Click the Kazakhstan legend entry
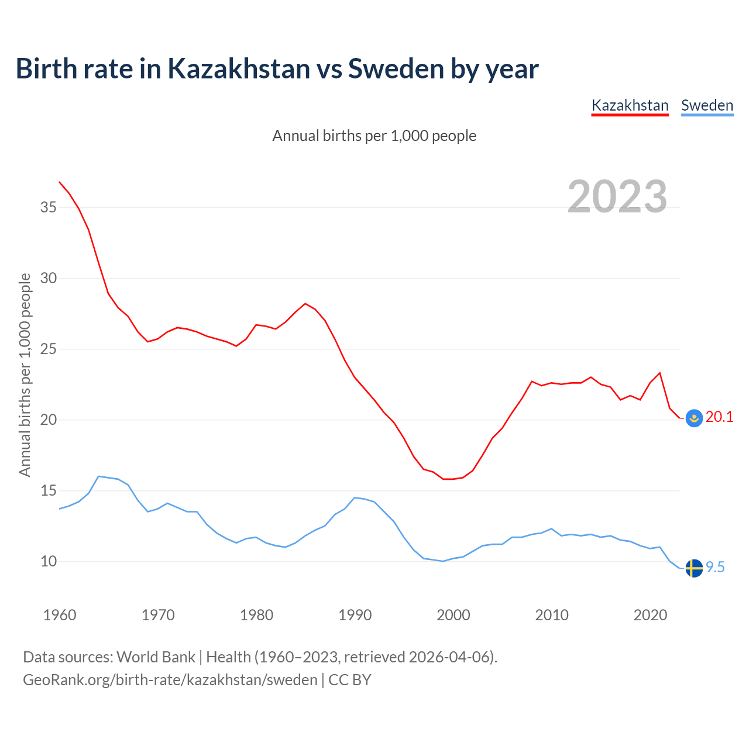pyautogui.click(x=630, y=105)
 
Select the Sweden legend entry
pyautogui.click(x=707, y=105)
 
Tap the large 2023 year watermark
pyautogui.click(x=617, y=196)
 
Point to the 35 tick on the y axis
pyautogui.click(x=49, y=207)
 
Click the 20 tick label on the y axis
pyautogui.click(x=49, y=420)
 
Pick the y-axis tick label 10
pyautogui.click(x=49, y=561)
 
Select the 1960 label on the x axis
pyautogui.click(x=60, y=615)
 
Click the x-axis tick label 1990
pyautogui.click(x=355, y=615)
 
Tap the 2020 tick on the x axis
pyautogui.click(x=650, y=615)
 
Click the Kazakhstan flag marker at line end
pyautogui.click(x=693, y=418)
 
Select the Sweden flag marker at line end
pyautogui.click(x=693, y=568)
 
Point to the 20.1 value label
pyautogui.click(x=719, y=417)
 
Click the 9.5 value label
pyautogui.click(x=715, y=567)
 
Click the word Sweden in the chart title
pyautogui.click(x=396, y=68)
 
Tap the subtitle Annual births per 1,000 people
pyautogui.click(x=374, y=136)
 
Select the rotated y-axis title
pyautogui.click(x=25, y=374)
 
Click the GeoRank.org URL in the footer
pyautogui.click(x=170, y=679)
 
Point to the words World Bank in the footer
pyautogui.click(x=156, y=657)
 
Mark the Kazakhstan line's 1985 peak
pyautogui.click(x=305, y=303)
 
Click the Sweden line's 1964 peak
pyautogui.click(x=98, y=476)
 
